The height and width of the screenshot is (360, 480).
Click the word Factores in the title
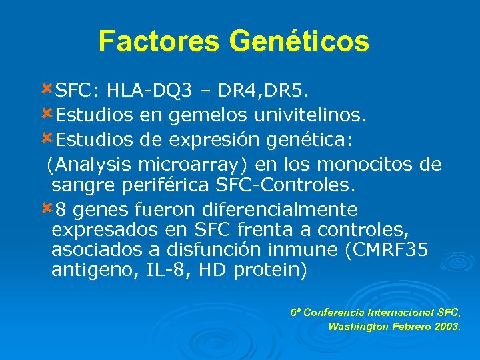159,41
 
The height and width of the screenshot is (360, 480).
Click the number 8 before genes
61,210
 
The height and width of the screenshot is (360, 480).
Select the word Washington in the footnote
359,327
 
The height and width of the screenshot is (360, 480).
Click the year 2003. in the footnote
445,327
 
